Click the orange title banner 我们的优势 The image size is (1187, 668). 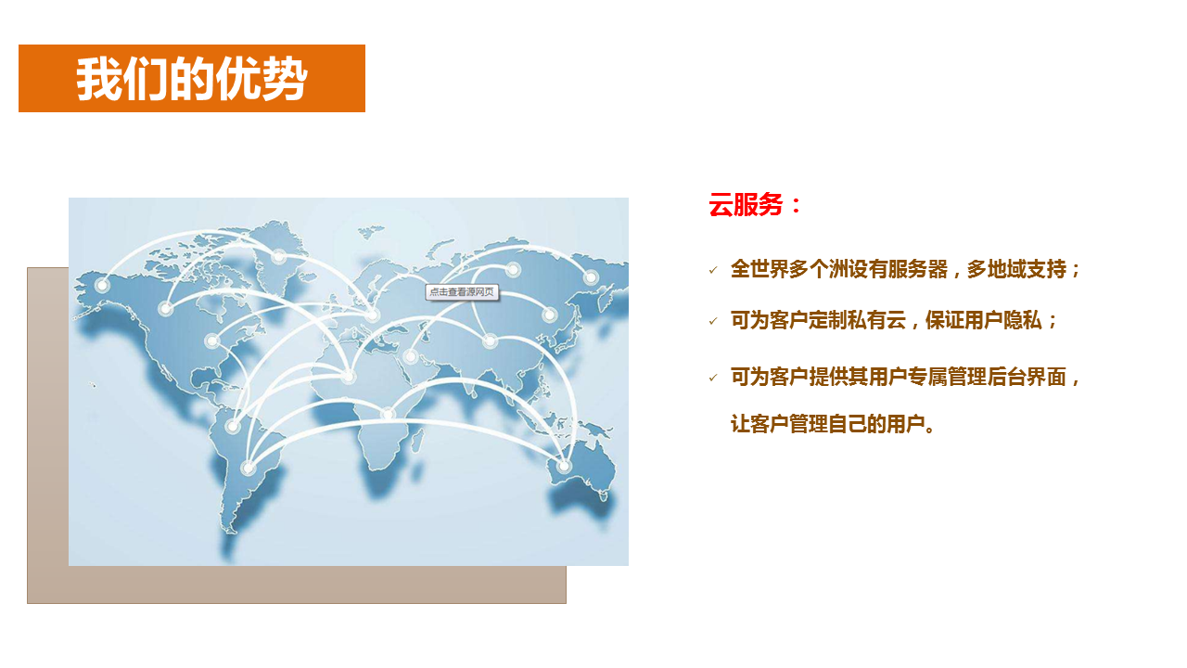192,79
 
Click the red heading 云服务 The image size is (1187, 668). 746,205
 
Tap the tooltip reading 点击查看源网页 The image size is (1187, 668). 462,292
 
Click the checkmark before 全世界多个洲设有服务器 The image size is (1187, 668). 713,270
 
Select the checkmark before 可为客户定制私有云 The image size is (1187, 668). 713,321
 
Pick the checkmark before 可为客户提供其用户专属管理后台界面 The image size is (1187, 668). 713,378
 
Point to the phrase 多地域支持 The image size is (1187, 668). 1016,269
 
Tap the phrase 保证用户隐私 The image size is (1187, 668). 984,320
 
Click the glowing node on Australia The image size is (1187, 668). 565,466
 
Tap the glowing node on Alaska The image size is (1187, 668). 102,285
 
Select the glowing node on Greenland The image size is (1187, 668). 278,257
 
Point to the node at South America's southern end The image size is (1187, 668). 248,469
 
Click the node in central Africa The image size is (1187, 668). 388,414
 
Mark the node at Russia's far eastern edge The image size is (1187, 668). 591,276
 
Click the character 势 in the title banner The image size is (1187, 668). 284,79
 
